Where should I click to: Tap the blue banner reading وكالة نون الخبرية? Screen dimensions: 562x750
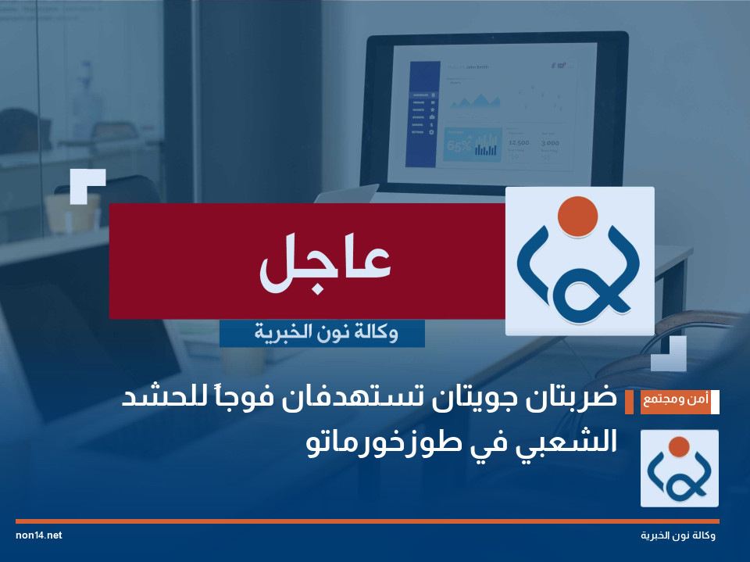(x=322, y=333)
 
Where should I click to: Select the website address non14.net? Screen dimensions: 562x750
(x=38, y=535)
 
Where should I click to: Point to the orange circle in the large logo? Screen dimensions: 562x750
(x=579, y=215)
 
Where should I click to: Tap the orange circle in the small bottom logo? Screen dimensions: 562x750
(x=679, y=447)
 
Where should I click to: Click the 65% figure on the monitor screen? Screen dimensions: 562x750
(x=459, y=146)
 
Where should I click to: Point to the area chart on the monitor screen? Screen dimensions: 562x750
(x=476, y=100)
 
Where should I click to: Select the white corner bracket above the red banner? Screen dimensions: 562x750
(x=87, y=184)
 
